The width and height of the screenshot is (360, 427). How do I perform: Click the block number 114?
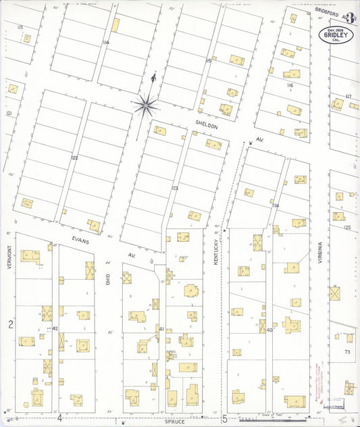(105, 43)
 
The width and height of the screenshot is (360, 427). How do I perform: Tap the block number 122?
(74, 157)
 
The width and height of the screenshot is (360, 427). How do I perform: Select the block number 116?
(290, 86)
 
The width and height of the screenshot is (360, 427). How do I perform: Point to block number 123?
(174, 188)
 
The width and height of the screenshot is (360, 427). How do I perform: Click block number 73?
(347, 352)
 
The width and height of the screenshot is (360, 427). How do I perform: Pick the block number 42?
(55, 328)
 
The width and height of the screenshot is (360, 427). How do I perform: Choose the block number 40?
(269, 330)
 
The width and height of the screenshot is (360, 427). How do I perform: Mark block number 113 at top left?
(20, 26)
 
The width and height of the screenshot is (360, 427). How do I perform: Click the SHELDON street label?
(207, 126)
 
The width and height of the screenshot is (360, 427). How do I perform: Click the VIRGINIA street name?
(319, 257)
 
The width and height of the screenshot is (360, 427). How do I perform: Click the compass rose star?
(145, 104)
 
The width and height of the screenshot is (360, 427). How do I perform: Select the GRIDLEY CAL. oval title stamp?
(336, 36)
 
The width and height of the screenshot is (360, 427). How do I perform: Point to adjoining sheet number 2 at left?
(10, 325)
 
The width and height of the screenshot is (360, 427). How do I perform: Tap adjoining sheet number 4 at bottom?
(59, 418)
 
